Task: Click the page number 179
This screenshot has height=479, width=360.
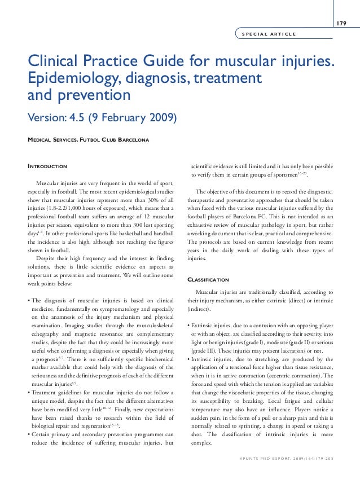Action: pyautogui.click(x=341, y=23)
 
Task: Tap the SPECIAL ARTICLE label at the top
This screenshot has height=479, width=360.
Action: pyautogui.click(x=268, y=34)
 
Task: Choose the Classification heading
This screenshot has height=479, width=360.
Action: pyautogui.click(x=208, y=279)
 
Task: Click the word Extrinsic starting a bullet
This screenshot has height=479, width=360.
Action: pyautogui.click(x=204, y=327)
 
